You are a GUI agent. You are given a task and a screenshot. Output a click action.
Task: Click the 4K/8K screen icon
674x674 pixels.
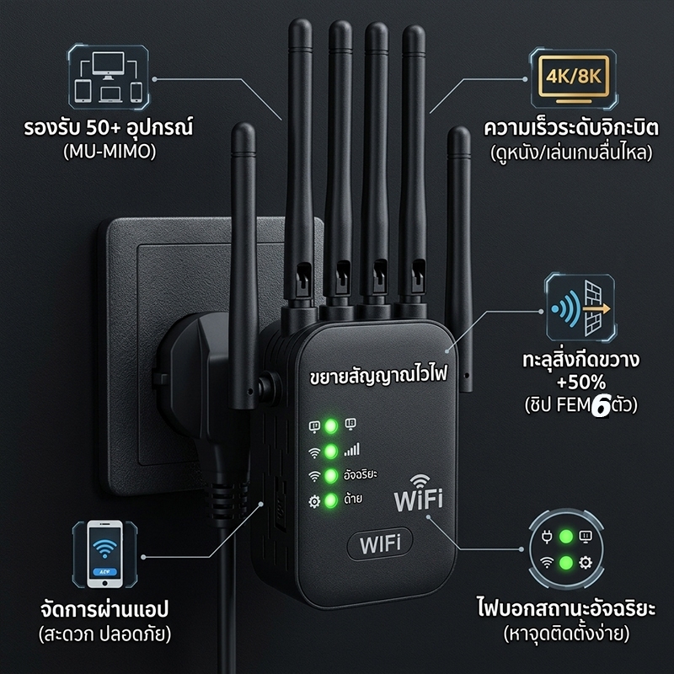(x=574, y=78)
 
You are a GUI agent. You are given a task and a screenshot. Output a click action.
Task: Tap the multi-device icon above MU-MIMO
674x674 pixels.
(x=109, y=77)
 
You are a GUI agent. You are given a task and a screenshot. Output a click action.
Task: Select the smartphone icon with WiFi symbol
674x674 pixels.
(x=104, y=554)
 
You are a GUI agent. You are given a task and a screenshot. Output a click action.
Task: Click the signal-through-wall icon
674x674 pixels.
(x=580, y=308)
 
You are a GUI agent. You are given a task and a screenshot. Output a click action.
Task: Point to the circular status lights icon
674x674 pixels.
(x=565, y=549)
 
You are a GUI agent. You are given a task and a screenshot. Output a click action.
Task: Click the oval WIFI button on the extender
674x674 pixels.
(x=380, y=543)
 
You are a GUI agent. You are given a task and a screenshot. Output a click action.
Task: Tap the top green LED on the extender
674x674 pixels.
(x=330, y=426)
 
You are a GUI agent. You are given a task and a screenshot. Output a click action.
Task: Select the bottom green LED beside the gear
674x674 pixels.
(x=330, y=500)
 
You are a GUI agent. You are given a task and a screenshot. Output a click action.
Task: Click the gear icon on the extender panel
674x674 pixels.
(x=314, y=501)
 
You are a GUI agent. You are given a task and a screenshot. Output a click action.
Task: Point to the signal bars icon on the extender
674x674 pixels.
(x=351, y=450)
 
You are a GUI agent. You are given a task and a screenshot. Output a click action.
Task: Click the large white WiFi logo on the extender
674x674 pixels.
(x=419, y=494)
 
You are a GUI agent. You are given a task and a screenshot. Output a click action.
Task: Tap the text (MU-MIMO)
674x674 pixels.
(x=110, y=152)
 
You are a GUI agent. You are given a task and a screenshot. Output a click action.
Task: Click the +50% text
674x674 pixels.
(x=581, y=382)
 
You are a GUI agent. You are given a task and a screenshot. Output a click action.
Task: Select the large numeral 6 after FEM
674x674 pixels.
(x=601, y=406)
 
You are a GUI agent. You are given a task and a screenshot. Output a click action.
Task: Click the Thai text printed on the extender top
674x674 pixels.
(x=378, y=374)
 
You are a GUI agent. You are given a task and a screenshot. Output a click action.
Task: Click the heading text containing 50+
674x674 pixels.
(x=109, y=128)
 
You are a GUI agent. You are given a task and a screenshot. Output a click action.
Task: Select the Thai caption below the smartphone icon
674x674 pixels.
(x=104, y=621)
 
